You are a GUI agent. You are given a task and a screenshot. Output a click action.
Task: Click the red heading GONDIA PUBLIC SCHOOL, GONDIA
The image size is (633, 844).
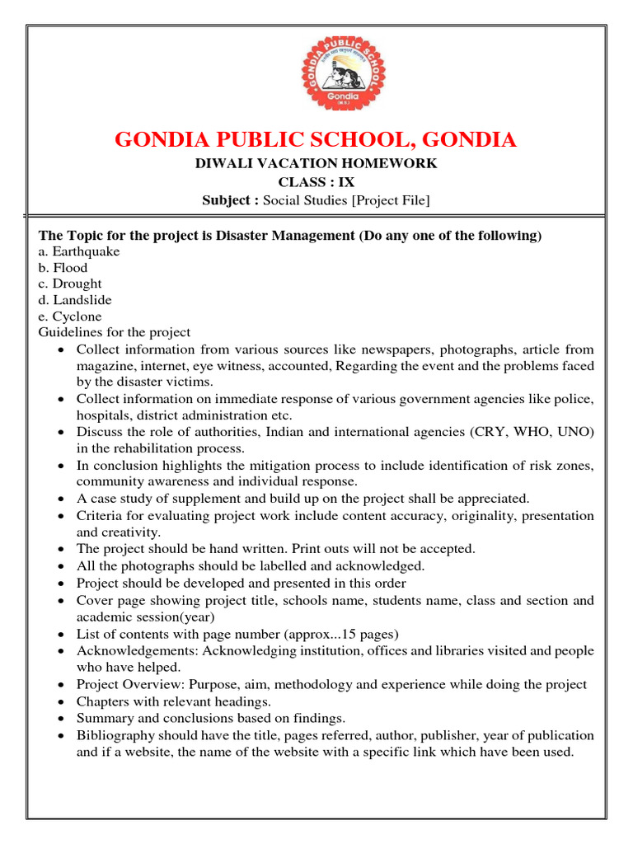[x=316, y=139]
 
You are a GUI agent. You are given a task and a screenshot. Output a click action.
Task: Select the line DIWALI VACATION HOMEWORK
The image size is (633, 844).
[x=316, y=163]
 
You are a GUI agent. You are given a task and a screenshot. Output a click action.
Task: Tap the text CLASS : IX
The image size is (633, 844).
[x=316, y=182]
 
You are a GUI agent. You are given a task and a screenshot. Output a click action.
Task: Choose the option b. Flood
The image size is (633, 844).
[x=63, y=268]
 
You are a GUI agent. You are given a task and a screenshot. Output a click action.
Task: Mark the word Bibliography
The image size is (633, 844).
[x=115, y=735]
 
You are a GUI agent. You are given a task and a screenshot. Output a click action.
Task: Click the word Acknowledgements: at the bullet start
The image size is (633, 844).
[x=138, y=651]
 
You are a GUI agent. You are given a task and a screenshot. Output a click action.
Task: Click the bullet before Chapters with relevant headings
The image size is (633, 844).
[x=64, y=701]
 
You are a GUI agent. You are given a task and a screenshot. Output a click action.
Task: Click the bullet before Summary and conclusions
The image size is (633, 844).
[x=64, y=719]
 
